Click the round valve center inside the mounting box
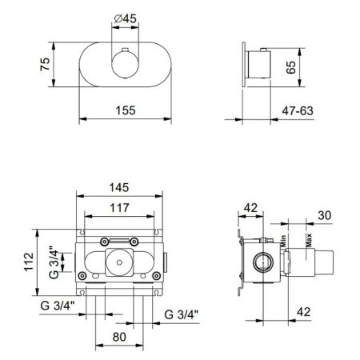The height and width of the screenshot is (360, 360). tap(120, 261)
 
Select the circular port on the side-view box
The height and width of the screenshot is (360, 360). tap(261, 261)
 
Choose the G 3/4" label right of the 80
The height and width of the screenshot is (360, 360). tap(181, 313)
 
